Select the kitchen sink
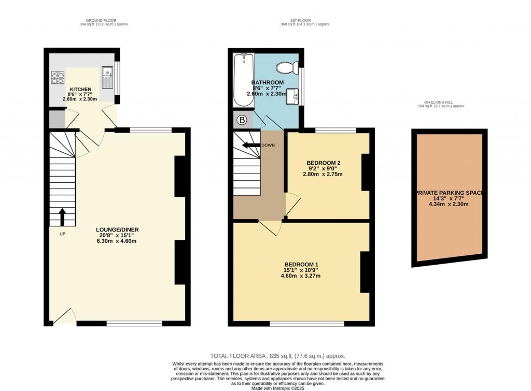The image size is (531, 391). point(107,78)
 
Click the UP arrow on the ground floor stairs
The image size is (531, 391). point(63,217)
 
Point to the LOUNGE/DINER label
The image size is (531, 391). point(117,229)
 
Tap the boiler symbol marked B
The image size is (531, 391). point(242,121)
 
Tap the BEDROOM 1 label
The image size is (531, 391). point(300,264)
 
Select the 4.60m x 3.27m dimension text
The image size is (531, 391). point(300,276)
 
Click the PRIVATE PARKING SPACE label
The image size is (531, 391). point(449,193)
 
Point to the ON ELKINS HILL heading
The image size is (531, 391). point(438,103)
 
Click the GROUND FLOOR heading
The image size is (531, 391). point(104,21)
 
